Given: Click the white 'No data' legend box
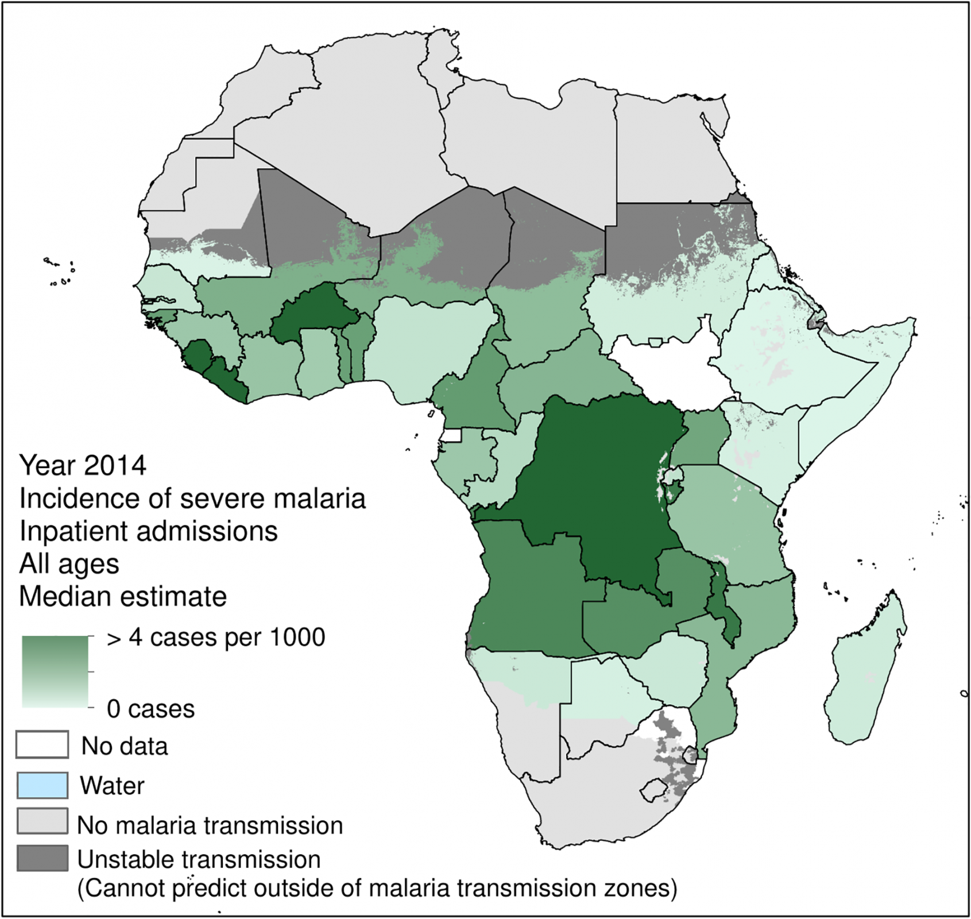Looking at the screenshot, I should point(42,744).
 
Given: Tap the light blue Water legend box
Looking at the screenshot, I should point(42,785).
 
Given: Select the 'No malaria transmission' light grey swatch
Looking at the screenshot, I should point(42,821).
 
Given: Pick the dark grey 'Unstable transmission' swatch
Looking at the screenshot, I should point(42,858).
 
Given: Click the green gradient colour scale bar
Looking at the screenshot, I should point(55,671).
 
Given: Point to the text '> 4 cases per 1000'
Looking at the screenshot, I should point(216,638).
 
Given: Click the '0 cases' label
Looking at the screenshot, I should point(151,709).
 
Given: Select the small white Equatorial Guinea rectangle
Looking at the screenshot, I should point(452,435).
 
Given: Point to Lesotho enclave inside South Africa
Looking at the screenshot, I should point(655,790).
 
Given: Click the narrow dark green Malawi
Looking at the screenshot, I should point(722,609).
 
